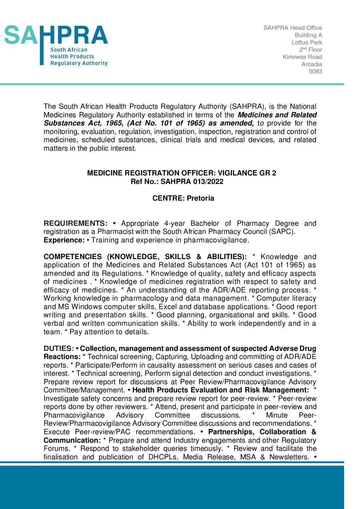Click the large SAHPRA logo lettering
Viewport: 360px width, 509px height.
click(56, 35)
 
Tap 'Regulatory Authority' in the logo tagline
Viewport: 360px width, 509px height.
click(79, 63)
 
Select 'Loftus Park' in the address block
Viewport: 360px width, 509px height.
click(307, 43)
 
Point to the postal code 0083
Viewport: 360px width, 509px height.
click(315, 71)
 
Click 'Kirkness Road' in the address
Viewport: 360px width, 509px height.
click(302, 57)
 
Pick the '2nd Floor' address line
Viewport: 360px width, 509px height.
click(310, 50)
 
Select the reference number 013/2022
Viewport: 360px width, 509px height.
click(208, 182)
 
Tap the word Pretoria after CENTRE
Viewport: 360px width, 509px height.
click(201, 198)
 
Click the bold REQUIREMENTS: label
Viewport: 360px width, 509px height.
click(75, 223)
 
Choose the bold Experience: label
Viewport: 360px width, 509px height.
click(64, 240)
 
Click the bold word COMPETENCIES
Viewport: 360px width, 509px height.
click(72, 257)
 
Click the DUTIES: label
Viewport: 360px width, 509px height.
click(59, 349)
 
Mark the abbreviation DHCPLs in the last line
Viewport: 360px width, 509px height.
click(163, 457)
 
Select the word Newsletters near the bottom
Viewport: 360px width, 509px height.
click(289, 457)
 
